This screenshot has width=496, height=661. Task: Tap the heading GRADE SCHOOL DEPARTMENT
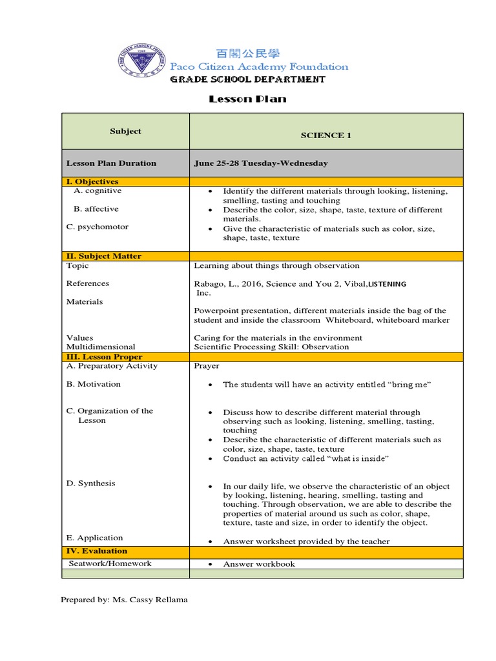247,79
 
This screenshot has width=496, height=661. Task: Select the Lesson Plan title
247,99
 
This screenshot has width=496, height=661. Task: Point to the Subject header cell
125,131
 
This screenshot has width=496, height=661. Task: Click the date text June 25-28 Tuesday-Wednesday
260,163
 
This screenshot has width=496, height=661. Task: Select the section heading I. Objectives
92,182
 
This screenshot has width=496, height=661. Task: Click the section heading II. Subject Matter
103,256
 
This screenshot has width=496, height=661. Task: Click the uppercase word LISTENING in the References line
387,284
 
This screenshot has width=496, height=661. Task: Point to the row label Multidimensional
101,347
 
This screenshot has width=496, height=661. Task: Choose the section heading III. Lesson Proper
104,357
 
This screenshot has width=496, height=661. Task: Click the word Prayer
207,366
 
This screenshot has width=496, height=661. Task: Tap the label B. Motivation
93,384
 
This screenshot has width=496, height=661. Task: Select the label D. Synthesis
90,483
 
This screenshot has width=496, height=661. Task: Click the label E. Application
94,538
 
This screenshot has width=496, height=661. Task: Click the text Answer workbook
258,564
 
